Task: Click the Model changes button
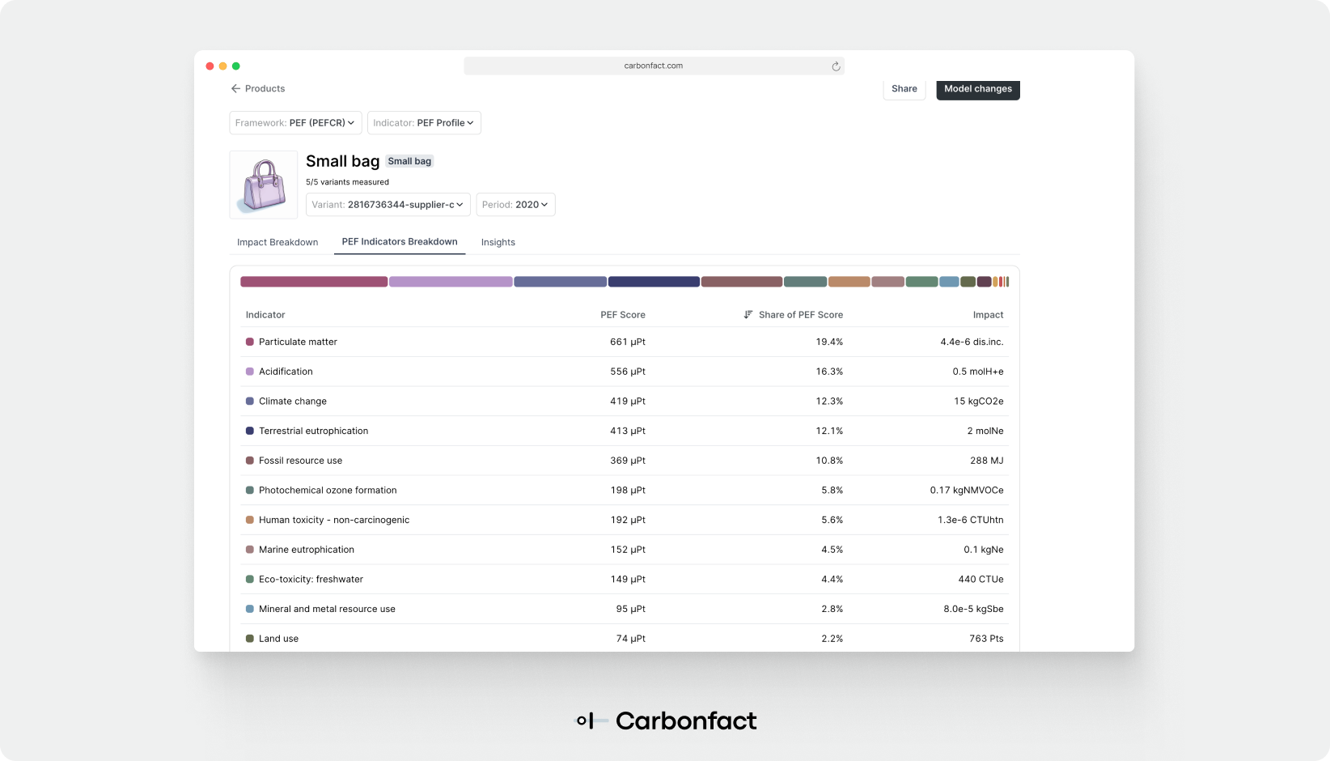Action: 977,89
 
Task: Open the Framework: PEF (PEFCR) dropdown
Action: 295,123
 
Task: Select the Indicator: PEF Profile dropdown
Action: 424,123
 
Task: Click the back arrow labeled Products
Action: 258,89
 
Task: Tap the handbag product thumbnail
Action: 264,185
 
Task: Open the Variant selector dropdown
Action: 388,205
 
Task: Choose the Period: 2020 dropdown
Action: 515,205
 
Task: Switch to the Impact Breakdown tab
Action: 277,242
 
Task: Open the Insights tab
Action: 498,242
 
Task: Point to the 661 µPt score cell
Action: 627,342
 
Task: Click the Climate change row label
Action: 293,402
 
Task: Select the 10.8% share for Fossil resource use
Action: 829,461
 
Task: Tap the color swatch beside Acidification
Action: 250,372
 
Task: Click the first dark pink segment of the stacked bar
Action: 314,282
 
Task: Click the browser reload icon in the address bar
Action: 836,66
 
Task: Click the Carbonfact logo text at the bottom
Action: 685,721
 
